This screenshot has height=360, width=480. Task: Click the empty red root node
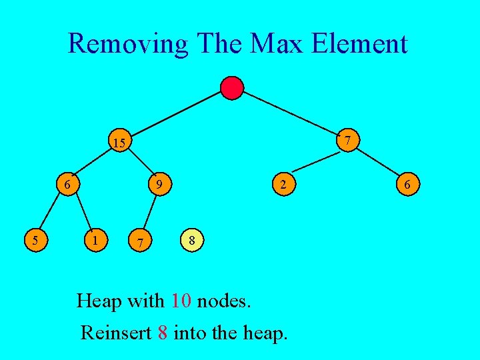pos(232,88)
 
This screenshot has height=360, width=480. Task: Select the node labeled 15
pos(120,142)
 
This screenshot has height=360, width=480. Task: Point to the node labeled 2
pos(283,183)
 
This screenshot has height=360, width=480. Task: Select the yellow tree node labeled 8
pos(192,240)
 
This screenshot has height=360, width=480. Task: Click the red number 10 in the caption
pos(181,301)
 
